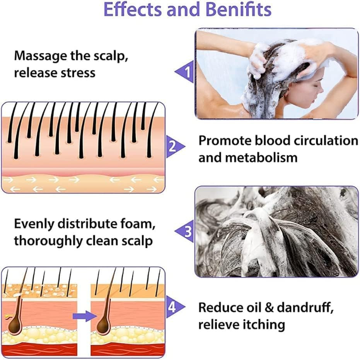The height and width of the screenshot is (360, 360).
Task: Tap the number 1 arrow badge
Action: (x=185, y=72)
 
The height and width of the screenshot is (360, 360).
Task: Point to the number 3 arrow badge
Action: (x=185, y=232)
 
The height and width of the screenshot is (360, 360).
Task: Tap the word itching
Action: (x=263, y=324)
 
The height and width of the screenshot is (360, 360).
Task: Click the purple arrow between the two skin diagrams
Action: (x=84, y=316)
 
